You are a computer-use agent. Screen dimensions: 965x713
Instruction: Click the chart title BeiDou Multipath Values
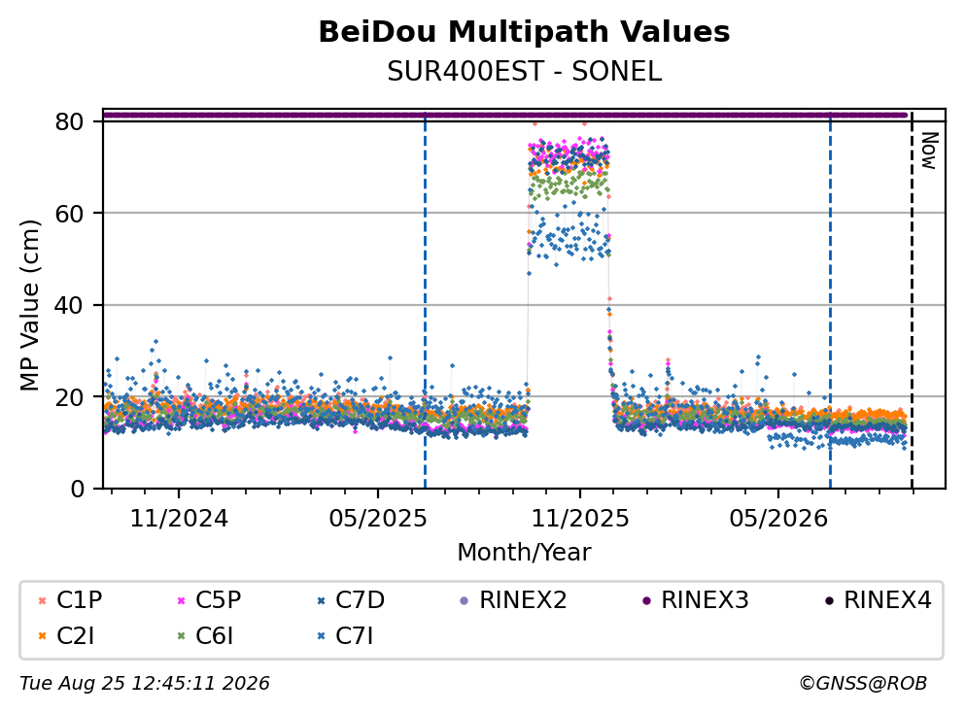click(524, 32)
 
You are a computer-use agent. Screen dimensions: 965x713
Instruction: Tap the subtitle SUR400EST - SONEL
click(524, 72)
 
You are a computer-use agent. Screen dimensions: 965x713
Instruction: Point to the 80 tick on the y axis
click(69, 121)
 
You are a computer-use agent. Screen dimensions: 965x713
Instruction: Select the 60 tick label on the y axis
click(69, 214)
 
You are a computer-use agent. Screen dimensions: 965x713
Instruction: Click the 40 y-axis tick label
click(69, 305)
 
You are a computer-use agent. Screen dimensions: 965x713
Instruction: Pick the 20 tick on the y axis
click(69, 396)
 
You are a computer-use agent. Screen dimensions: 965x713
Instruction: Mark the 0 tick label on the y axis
click(77, 489)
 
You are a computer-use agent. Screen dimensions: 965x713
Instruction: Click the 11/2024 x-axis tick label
click(179, 519)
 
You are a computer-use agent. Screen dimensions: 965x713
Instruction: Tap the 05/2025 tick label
click(377, 519)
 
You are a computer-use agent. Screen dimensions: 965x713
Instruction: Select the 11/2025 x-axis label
click(580, 519)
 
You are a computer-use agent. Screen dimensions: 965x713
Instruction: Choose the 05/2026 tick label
click(778, 519)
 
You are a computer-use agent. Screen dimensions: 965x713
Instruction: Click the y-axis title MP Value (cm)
click(29, 305)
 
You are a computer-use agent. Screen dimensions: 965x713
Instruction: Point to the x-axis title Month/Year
click(524, 553)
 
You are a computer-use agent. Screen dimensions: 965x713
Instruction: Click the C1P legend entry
click(70, 599)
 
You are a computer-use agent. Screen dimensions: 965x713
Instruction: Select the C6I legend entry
click(205, 636)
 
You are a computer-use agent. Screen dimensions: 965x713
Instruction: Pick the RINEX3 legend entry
click(696, 599)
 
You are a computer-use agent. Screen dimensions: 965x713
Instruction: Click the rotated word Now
click(929, 151)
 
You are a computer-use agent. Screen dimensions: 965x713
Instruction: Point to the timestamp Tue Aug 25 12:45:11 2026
click(145, 684)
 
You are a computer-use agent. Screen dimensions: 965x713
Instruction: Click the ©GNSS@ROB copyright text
click(863, 684)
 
